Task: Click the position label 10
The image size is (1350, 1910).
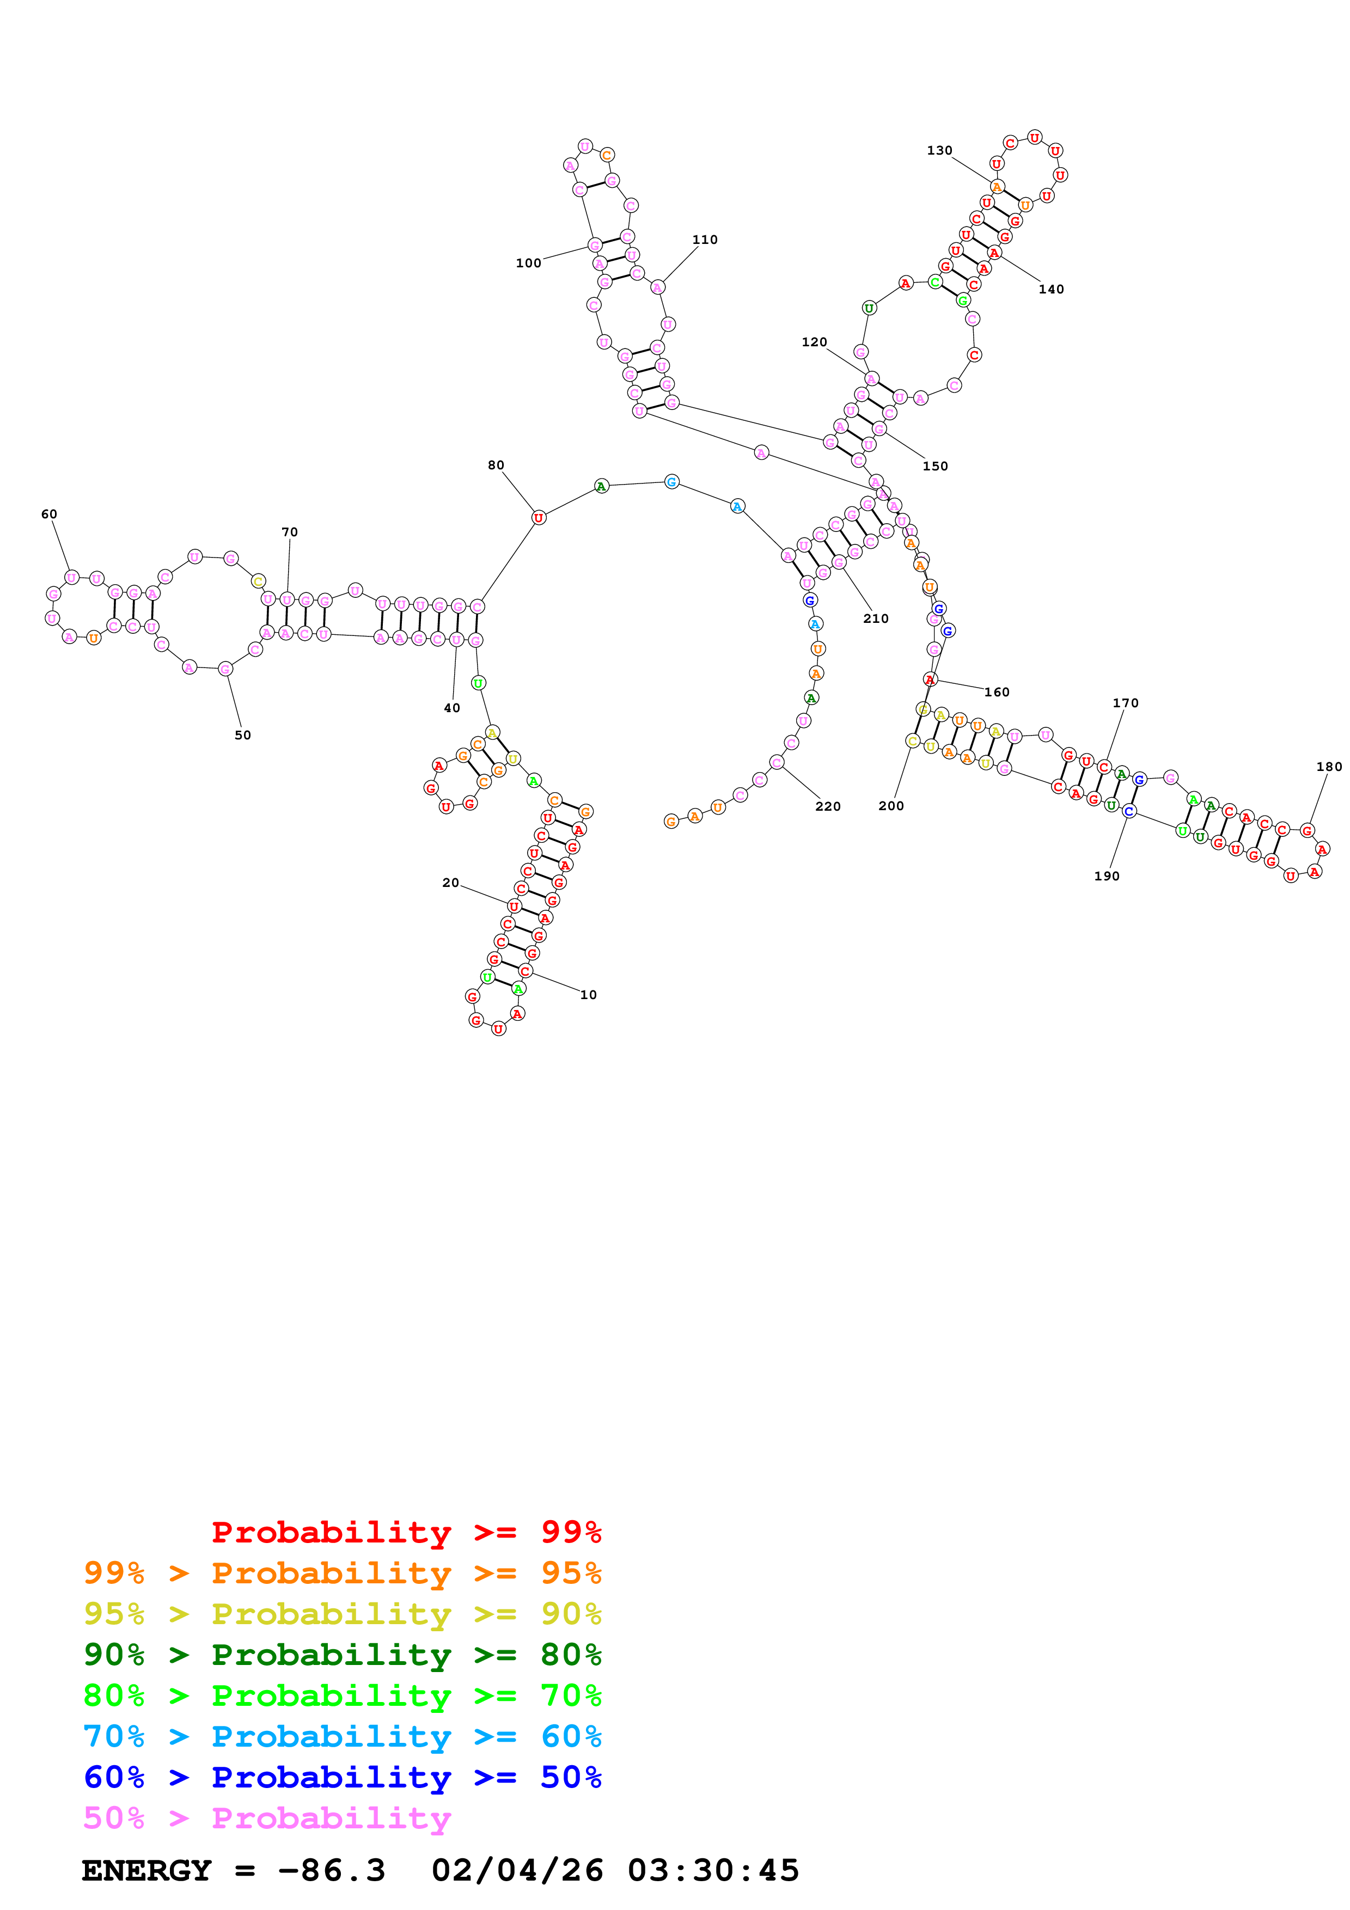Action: click(588, 995)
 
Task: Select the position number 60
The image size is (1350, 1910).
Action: click(49, 514)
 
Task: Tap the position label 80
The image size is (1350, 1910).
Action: click(496, 465)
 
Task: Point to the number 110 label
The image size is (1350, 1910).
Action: click(705, 240)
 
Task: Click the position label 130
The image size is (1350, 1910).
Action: click(939, 151)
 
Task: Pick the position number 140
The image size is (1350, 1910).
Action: click(1050, 290)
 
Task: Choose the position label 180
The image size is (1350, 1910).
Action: click(1328, 767)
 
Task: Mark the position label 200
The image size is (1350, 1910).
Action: click(891, 806)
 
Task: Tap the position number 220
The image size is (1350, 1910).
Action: click(828, 807)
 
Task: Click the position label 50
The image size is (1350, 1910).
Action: click(242, 736)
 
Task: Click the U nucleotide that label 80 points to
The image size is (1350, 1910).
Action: click(538, 517)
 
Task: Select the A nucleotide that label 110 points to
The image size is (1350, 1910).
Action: click(657, 288)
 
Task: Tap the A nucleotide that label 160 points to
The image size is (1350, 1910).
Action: click(930, 679)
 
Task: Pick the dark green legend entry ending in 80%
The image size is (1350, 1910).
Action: click(342, 1655)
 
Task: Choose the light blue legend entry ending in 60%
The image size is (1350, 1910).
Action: click(342, 1737)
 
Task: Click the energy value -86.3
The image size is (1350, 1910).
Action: click(331, 1871)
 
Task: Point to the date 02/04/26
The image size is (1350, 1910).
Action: click(517, 1871)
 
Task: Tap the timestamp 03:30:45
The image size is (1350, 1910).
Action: click(713, 1871)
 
